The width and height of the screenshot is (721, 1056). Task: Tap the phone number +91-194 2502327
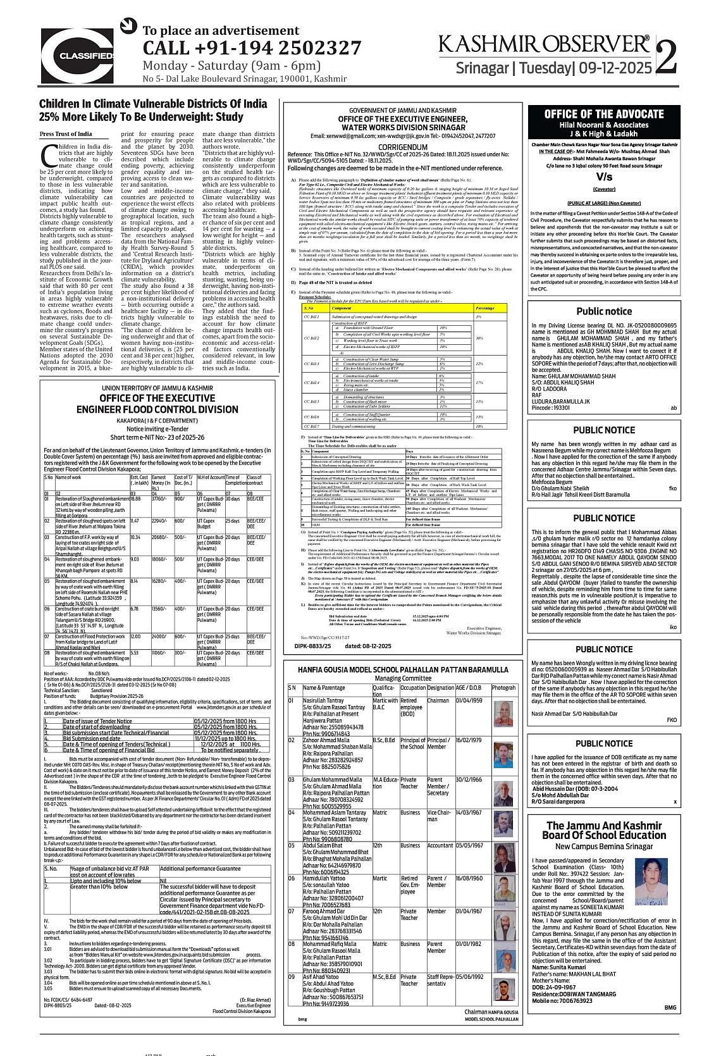252,48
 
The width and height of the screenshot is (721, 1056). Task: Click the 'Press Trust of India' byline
66,134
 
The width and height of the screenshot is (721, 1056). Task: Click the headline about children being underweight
153,110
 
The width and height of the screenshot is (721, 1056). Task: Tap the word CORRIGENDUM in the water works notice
403,147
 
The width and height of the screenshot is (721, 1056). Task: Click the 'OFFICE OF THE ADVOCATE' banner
604,114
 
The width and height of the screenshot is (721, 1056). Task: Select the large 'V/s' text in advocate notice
604,177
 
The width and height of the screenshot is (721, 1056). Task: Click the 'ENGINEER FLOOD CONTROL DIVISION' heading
157,409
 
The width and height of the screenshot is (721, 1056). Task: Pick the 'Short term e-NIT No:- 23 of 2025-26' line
157,437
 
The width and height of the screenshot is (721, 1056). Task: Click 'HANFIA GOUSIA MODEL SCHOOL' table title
403,669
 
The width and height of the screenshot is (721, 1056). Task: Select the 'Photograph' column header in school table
504,687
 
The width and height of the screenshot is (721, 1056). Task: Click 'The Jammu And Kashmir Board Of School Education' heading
604,830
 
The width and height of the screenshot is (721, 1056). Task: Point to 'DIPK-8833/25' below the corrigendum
314,646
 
